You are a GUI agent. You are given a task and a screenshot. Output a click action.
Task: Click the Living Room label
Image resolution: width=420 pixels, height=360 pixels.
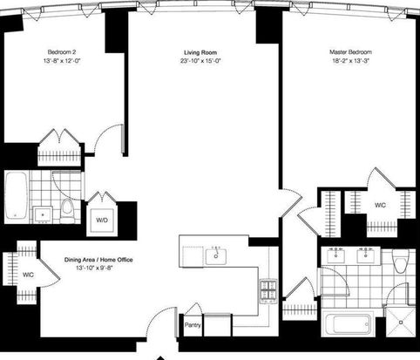(200, 52)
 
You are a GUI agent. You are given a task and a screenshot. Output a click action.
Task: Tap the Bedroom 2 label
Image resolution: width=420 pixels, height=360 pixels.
(62, 52)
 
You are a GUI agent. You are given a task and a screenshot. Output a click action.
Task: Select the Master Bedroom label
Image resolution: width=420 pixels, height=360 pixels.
(350, 52)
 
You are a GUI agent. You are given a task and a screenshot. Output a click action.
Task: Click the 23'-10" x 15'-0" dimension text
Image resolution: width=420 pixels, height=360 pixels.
(200, 61)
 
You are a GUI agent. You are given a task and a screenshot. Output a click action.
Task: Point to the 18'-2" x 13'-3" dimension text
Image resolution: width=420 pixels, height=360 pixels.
(350, 61)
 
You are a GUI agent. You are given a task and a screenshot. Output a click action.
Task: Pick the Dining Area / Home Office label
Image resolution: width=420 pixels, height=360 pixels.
(98, 260)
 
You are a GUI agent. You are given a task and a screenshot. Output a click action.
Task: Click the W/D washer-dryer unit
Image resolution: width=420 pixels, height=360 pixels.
(102, 221)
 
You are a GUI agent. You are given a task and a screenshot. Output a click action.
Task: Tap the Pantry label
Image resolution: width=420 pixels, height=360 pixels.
(193, 325)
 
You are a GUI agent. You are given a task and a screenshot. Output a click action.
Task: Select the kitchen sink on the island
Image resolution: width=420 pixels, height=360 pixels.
(216, 256)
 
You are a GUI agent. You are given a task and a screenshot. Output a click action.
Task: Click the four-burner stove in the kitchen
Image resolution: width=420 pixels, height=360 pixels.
(268, 291)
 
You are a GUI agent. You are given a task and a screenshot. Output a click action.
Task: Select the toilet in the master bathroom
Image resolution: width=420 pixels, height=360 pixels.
(400, 261)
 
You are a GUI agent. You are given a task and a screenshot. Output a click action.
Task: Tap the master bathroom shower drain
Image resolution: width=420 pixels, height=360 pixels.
(401, 323)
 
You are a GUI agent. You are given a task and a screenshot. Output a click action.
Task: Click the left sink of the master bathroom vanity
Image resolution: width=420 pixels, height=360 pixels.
(336, 255)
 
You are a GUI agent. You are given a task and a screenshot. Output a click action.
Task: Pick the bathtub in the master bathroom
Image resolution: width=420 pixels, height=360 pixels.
(348, 324)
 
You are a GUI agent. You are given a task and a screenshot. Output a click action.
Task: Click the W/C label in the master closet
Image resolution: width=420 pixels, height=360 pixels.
(380, 205)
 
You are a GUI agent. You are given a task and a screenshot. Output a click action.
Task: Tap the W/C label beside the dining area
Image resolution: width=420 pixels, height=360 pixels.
(28, 275)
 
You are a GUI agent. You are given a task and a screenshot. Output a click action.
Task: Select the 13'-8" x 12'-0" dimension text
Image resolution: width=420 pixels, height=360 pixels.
(62, 61)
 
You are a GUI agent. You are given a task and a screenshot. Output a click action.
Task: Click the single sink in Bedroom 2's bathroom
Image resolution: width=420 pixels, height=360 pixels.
(43, 214)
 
